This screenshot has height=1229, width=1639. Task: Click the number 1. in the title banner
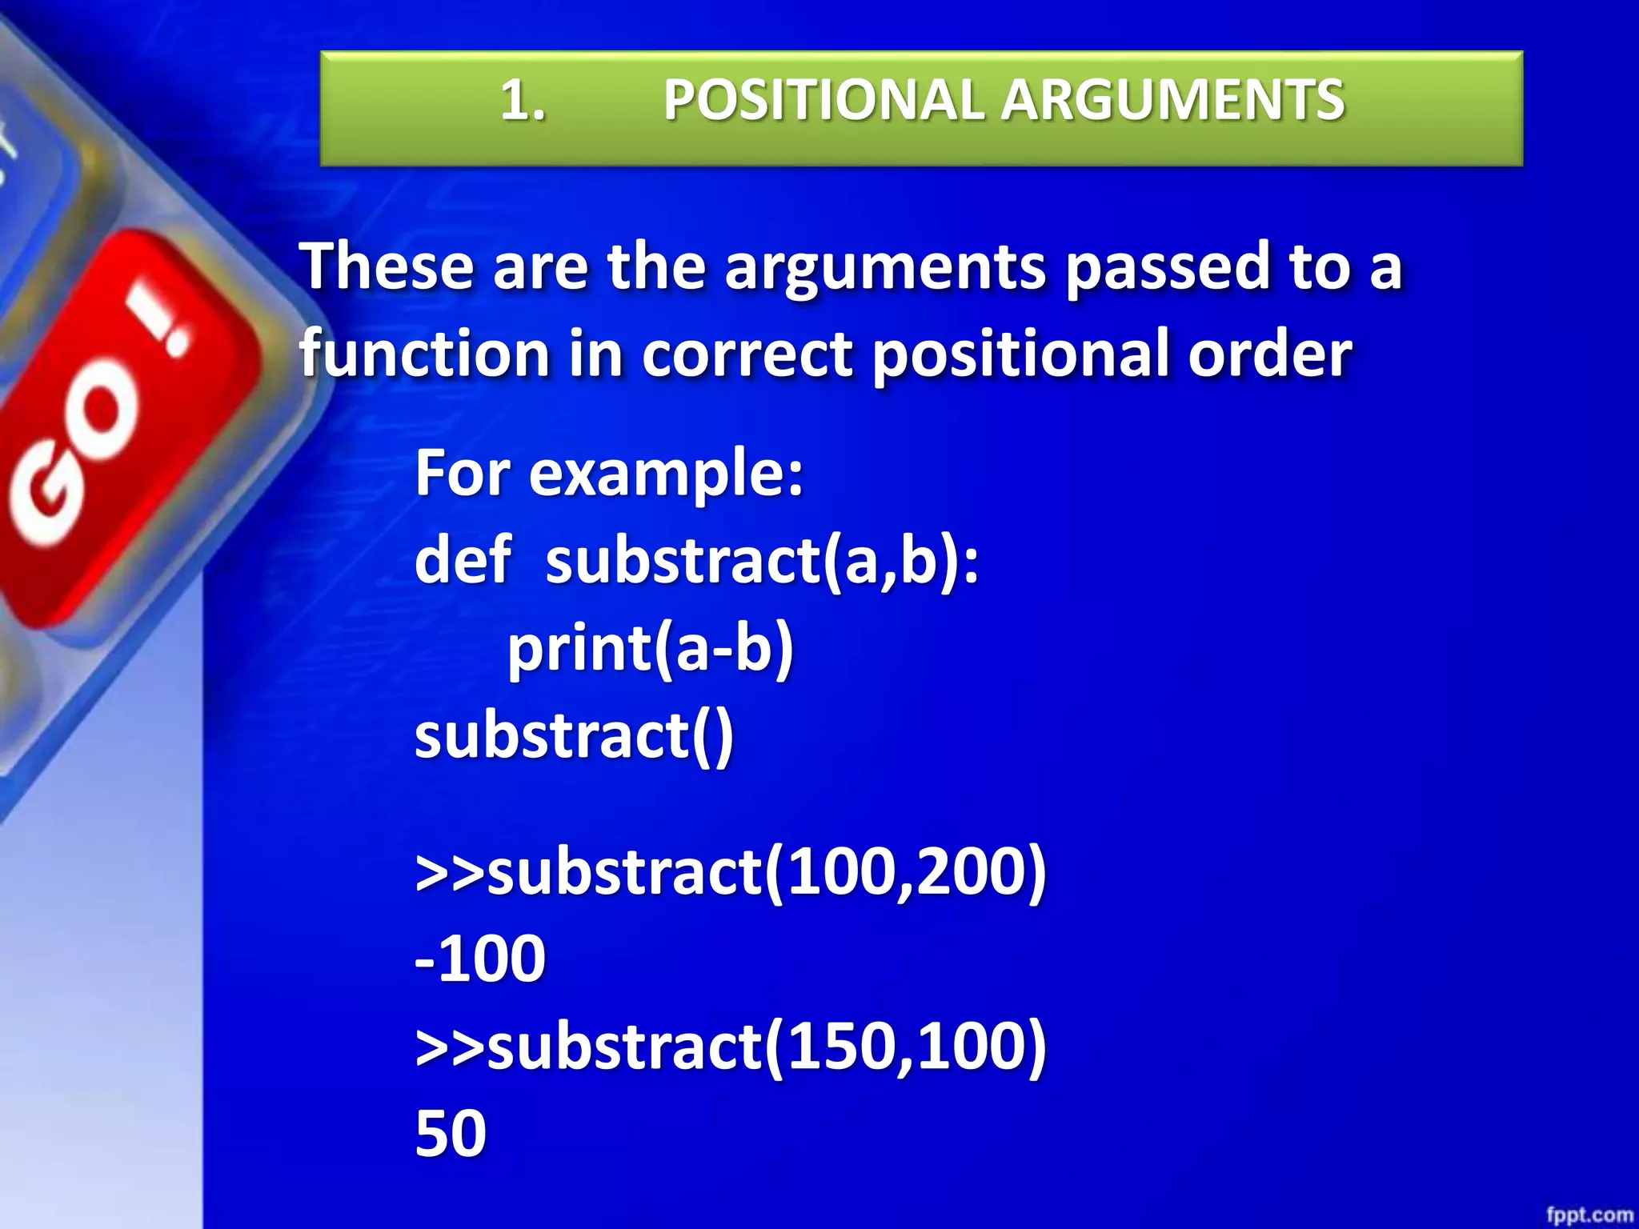(523, 102)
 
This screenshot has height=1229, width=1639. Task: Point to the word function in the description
(423, 354)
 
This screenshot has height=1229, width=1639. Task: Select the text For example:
(608, 474)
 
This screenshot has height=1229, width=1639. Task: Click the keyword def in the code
(463, 560)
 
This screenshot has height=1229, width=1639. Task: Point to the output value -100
(480, 959)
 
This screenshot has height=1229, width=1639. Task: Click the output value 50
(451, 1134)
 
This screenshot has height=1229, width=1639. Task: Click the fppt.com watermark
(1589, 1215)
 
